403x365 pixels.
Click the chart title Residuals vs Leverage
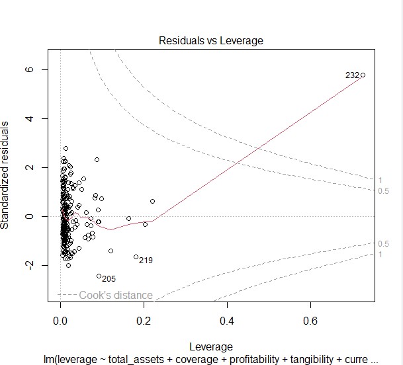click(x=210, y=40)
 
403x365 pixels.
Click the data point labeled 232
click(x=363, y=75)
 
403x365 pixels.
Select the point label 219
click(x=146, y=261)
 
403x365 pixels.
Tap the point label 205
click(x=109, y=279)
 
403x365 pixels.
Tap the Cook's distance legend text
click(x=116, y=295)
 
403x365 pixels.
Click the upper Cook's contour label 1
click(x=380, y=180)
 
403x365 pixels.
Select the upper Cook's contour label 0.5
click(x=382, y=191)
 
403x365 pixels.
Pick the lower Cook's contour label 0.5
click(x=382, y=244)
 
